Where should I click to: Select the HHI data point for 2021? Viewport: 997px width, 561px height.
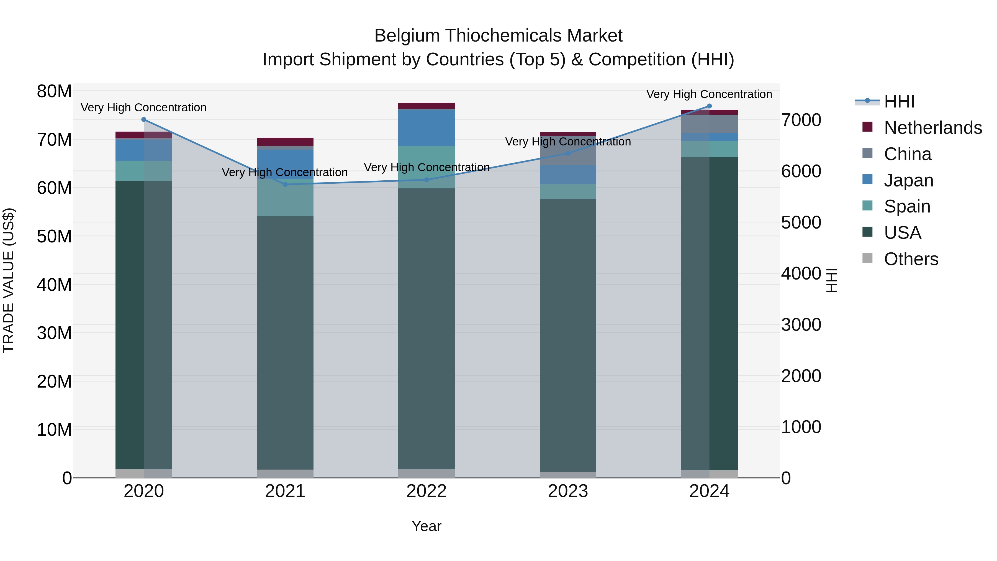click(x=285, y=184)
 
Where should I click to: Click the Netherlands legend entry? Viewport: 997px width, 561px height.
click(x=933, y=128)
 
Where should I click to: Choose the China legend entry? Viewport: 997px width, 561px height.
click(x=908, y=154)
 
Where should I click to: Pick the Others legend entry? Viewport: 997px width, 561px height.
click(x=911, y=259)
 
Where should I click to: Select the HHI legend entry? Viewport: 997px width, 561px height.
click(x=899, y=101)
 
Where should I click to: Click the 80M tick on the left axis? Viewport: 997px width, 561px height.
click(x=54, y=92)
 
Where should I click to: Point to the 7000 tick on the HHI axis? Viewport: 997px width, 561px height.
click(x=801, y=120)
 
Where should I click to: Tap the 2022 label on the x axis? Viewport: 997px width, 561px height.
click(x=426, y=491)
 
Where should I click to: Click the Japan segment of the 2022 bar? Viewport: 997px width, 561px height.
click(x=426, y=128)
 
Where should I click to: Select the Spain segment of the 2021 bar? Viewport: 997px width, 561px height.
click(x=285, y=198)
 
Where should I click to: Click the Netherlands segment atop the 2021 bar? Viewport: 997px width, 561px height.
click(x=285, y=142)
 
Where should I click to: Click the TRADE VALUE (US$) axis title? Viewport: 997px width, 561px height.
click(x=9, y=280)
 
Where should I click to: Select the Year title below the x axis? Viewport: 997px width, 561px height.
click(x=426, y=526)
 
